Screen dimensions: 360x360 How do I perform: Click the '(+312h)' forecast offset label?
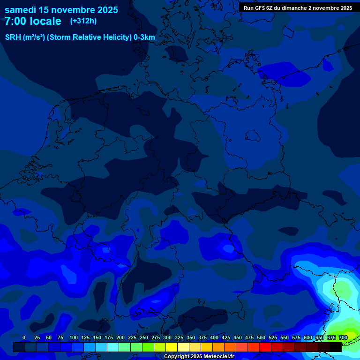pos(83,21)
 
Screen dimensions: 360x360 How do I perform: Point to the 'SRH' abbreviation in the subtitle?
pos(13,37)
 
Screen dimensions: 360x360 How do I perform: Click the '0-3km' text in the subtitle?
pos(144,37)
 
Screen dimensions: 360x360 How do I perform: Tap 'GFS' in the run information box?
pos(259,8)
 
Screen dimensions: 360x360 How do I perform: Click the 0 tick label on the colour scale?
pos(24,337)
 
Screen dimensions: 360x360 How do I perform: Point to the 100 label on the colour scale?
pos(74,337)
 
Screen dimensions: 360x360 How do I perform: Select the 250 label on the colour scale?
pos(144,337)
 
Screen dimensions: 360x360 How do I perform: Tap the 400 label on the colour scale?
pos(214,337)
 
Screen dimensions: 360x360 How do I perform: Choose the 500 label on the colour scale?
pos(261,337)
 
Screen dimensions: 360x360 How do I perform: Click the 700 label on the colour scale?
pos(343,337)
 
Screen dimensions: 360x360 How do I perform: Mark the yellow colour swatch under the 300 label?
pos(172,347)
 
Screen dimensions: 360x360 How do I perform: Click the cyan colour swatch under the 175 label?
pos(113,347)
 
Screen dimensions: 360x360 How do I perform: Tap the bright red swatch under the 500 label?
pos(265,347)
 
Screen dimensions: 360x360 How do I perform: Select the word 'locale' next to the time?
pos(44,21)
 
